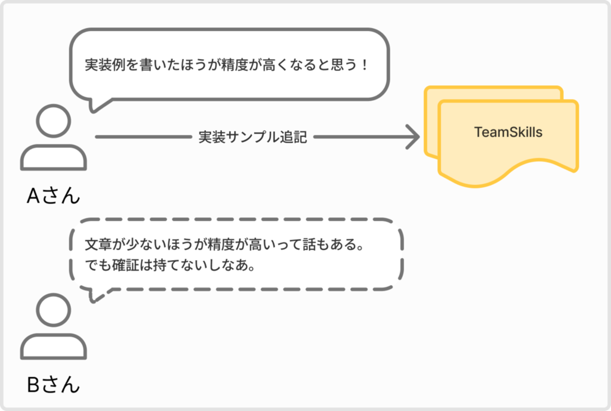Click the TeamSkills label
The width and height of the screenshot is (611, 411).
tap(508, 132)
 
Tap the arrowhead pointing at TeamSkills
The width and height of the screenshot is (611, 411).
tap(413, 137)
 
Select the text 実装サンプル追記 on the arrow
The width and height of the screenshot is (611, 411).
tap(252, 137)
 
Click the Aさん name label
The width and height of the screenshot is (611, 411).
tap(53, 195)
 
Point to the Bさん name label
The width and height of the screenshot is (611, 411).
tap(53, 385)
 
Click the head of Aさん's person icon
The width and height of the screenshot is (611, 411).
tap(53, 120)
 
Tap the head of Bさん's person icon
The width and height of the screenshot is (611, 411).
tap(53, 310)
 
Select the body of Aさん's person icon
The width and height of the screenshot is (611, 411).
tap(53, 157)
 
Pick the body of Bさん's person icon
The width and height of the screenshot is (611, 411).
tap(53, 347)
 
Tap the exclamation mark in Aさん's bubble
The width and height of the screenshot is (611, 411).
tap(365, 64)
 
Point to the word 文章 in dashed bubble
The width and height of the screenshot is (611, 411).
tap(98, 244)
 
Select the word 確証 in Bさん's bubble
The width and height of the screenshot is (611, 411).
tap(125, 265)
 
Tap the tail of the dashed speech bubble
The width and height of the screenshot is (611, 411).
tap(97, 295)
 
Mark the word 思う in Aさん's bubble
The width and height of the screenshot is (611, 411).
tap(344, 64)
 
